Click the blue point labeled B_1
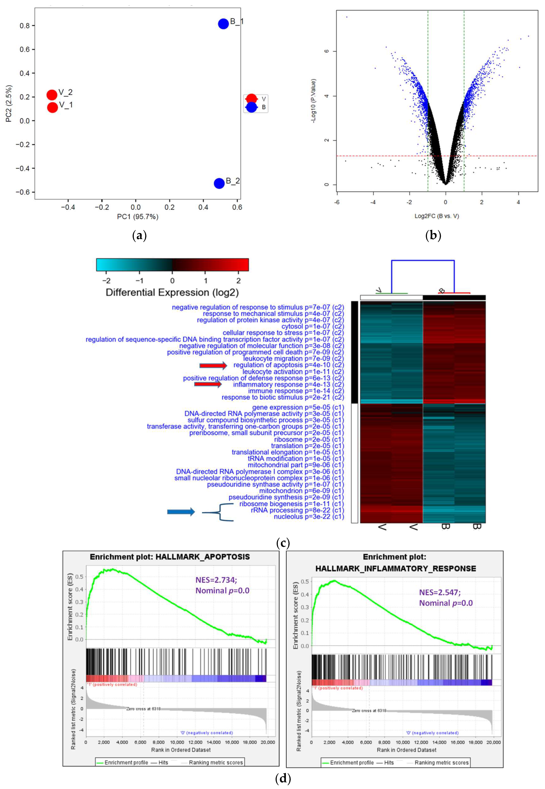(x=223, y=24)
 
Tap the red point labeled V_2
(x=52, y=95)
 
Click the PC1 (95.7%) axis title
(x=138, y=217)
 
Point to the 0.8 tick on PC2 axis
(x=25, y=26)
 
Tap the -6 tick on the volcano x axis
(x=337, y=202)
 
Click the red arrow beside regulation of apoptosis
(x=213, y=366)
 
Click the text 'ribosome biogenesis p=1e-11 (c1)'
(x=291, y=504)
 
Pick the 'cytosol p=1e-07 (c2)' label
(x=313, y=326)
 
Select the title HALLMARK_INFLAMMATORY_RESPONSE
(x=395, y=568)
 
